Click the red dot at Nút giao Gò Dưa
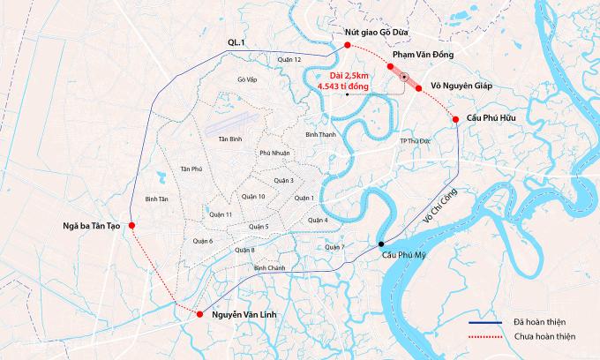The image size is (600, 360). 349,45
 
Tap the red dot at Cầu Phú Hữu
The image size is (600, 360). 455,119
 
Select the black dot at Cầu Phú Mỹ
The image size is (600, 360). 381,244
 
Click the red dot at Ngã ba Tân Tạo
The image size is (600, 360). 131,226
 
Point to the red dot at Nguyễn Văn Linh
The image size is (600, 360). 201,314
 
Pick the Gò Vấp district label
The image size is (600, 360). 247,79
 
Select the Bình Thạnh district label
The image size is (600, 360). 320,134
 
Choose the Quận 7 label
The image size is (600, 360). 333,246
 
